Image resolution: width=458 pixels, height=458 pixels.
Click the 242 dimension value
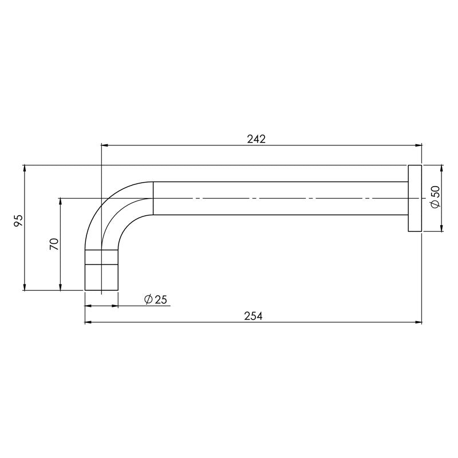click(256, 138)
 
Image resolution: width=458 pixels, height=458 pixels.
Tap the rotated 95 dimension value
click(18, 220)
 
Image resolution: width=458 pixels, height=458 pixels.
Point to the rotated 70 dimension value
click(54, 244)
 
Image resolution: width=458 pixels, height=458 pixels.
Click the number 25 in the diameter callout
click(160, 299)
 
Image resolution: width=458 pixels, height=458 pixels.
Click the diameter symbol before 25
click(148, 299)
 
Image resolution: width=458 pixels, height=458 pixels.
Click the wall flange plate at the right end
click(414, 199)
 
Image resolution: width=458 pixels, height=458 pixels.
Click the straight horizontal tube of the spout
click(281, 198)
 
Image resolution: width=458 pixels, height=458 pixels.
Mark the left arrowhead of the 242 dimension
click(104, 145)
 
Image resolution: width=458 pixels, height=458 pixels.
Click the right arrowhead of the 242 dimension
click(418, 145)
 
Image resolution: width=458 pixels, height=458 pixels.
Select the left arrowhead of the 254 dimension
click(88, 323)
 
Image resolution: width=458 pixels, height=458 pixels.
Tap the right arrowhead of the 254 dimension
click(418, 323)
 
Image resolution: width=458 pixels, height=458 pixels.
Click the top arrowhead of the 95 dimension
click(25, 168)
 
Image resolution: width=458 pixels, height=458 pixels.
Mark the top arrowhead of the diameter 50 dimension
click(441, 168)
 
